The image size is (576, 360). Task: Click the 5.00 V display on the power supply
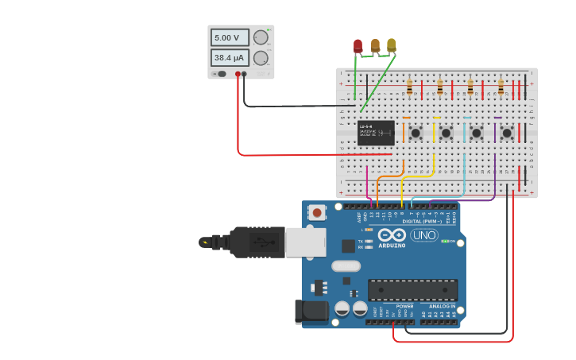coord(229,37)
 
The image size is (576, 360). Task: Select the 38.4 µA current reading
coord(229,58)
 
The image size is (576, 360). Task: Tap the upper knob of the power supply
coord(261,37)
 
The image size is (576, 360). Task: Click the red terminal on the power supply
coord(238,74)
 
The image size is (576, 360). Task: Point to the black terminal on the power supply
coord(244,74)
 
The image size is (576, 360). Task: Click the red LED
coord(358,45)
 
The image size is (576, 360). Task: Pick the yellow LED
coord(391,45)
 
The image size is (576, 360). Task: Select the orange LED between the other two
coord(375,45)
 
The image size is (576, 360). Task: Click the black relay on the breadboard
coord(376,133)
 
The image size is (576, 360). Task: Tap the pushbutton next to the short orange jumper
coord(416,133)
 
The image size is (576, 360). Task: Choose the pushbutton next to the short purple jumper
coord(506,133)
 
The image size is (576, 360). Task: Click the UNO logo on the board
coord(423,235)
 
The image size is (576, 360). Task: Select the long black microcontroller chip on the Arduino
coord(412,289)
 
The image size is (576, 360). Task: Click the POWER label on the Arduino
coord(404,306)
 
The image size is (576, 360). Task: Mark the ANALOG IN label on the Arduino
coord(443,306)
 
